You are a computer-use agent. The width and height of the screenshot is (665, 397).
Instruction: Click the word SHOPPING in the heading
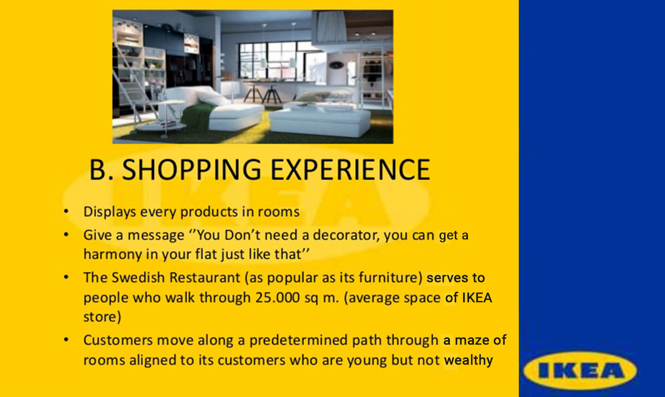click(191, 170)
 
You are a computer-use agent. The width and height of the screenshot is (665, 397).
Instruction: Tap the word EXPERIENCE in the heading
click(350, 170)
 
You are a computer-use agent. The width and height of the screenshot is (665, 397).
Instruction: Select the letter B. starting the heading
click(101, 170)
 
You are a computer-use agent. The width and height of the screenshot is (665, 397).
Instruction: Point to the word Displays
click(109, 212)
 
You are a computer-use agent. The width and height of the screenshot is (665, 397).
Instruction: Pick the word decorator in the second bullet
click(346, 235)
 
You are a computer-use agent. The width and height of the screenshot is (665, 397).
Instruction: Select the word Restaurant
click(205, 277)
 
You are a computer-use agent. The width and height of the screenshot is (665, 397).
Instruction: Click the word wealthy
click(468, 361)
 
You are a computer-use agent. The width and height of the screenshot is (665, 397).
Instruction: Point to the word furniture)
click(391, 278)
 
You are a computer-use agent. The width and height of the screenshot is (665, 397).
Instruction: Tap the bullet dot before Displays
click(66, 211)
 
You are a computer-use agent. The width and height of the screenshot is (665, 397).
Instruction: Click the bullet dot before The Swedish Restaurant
click(66, 277)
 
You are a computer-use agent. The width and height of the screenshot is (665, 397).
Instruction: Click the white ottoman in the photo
click(320, 122)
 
